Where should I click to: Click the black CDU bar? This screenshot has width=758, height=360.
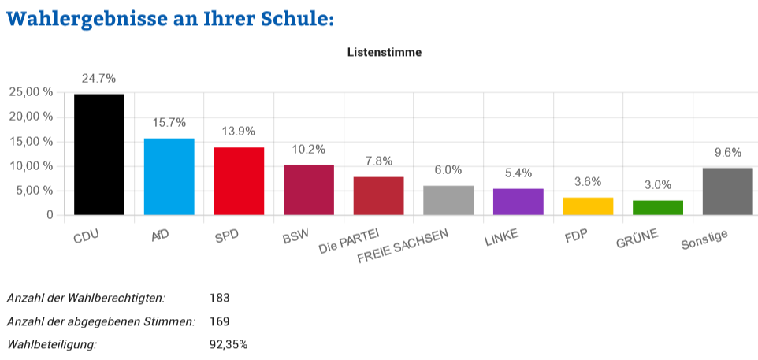(99, 154)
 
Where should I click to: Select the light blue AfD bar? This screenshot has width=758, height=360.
(169, 176)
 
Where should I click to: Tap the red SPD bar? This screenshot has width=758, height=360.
(239, 181)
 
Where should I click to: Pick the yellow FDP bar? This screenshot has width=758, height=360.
(588, 206)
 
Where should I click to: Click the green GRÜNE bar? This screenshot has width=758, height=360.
(657, 207)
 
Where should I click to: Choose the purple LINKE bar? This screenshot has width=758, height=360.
(518, 202)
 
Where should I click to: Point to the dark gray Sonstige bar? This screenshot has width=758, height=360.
(727, 191)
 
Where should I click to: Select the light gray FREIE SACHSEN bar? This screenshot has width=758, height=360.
(448, 200)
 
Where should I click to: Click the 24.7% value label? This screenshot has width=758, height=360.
(99, 78)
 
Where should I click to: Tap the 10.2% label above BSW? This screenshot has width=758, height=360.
(308, 150)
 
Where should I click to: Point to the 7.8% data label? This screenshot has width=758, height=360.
(378, 161)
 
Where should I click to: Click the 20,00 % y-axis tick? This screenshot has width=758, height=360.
(31, 117)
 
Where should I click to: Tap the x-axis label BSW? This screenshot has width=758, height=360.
(296, 235)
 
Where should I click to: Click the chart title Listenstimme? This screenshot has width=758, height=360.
(385, 52)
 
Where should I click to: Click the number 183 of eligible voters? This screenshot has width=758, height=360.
(219, 298)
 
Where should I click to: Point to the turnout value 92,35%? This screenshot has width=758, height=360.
(229, 344)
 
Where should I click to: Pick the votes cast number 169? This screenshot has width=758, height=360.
(219, 321)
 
